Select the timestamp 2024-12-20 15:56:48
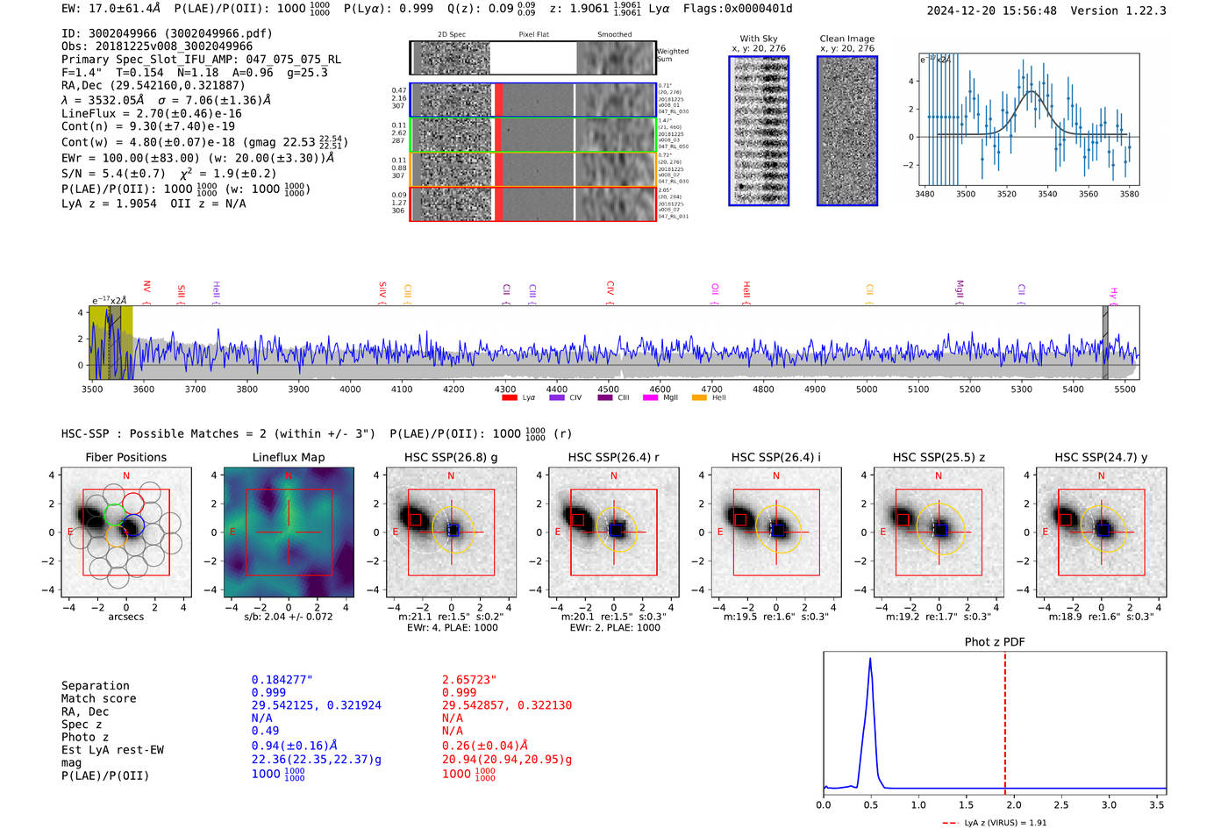point(991,11)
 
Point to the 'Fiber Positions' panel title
point(125,457)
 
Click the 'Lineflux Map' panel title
point(289,457)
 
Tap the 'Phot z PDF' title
point(994,641)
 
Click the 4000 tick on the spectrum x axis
point(350,389)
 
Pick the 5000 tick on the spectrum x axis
point(867,389)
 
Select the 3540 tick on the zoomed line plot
point(1047,194)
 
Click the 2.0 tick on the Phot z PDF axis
point(1013,804)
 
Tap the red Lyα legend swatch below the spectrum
point(510,398)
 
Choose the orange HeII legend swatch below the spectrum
point(699,398)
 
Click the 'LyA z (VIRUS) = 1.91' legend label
point(1005,823)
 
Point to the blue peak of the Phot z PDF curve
point(870,659)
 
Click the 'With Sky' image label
point(759,39)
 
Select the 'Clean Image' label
point(846,39)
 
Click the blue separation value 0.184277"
point(282,680)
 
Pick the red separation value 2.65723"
point(468,680)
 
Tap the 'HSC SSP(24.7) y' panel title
point(1101,457)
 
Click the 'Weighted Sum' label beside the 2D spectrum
point(673,54)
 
